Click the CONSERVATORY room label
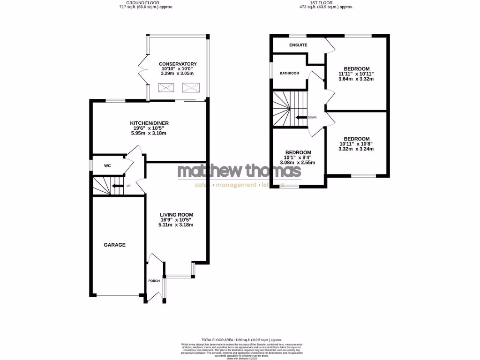(178, 64)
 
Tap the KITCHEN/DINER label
(149, 123)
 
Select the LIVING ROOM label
(176, 215)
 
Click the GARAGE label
(114, 245)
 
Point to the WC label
(107, 165)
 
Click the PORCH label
(154, 281)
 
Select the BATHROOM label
(289, 73)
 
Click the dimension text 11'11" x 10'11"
(356, 74)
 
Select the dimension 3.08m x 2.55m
(298, 163)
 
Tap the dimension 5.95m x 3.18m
(149, 133)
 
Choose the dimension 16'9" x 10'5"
(176, 220)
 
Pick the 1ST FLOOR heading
(326, 2)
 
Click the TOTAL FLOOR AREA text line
(241, 339)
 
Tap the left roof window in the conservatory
(166, 88)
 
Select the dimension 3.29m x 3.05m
(178, 74)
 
